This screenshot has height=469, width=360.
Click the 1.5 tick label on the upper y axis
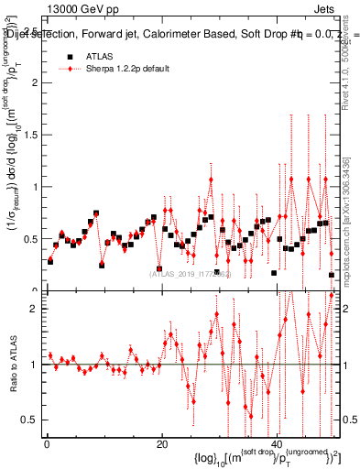tap(30, 135)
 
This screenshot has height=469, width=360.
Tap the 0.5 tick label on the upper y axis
tap(30, 239)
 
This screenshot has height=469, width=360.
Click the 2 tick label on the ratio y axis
tap(35, 309)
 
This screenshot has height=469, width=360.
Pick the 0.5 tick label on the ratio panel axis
tap(30, 420)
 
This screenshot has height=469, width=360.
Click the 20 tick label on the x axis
tap(161, 445)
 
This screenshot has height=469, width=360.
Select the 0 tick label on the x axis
tap(46, 445)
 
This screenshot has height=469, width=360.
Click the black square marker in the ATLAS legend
tap(70, 56)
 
